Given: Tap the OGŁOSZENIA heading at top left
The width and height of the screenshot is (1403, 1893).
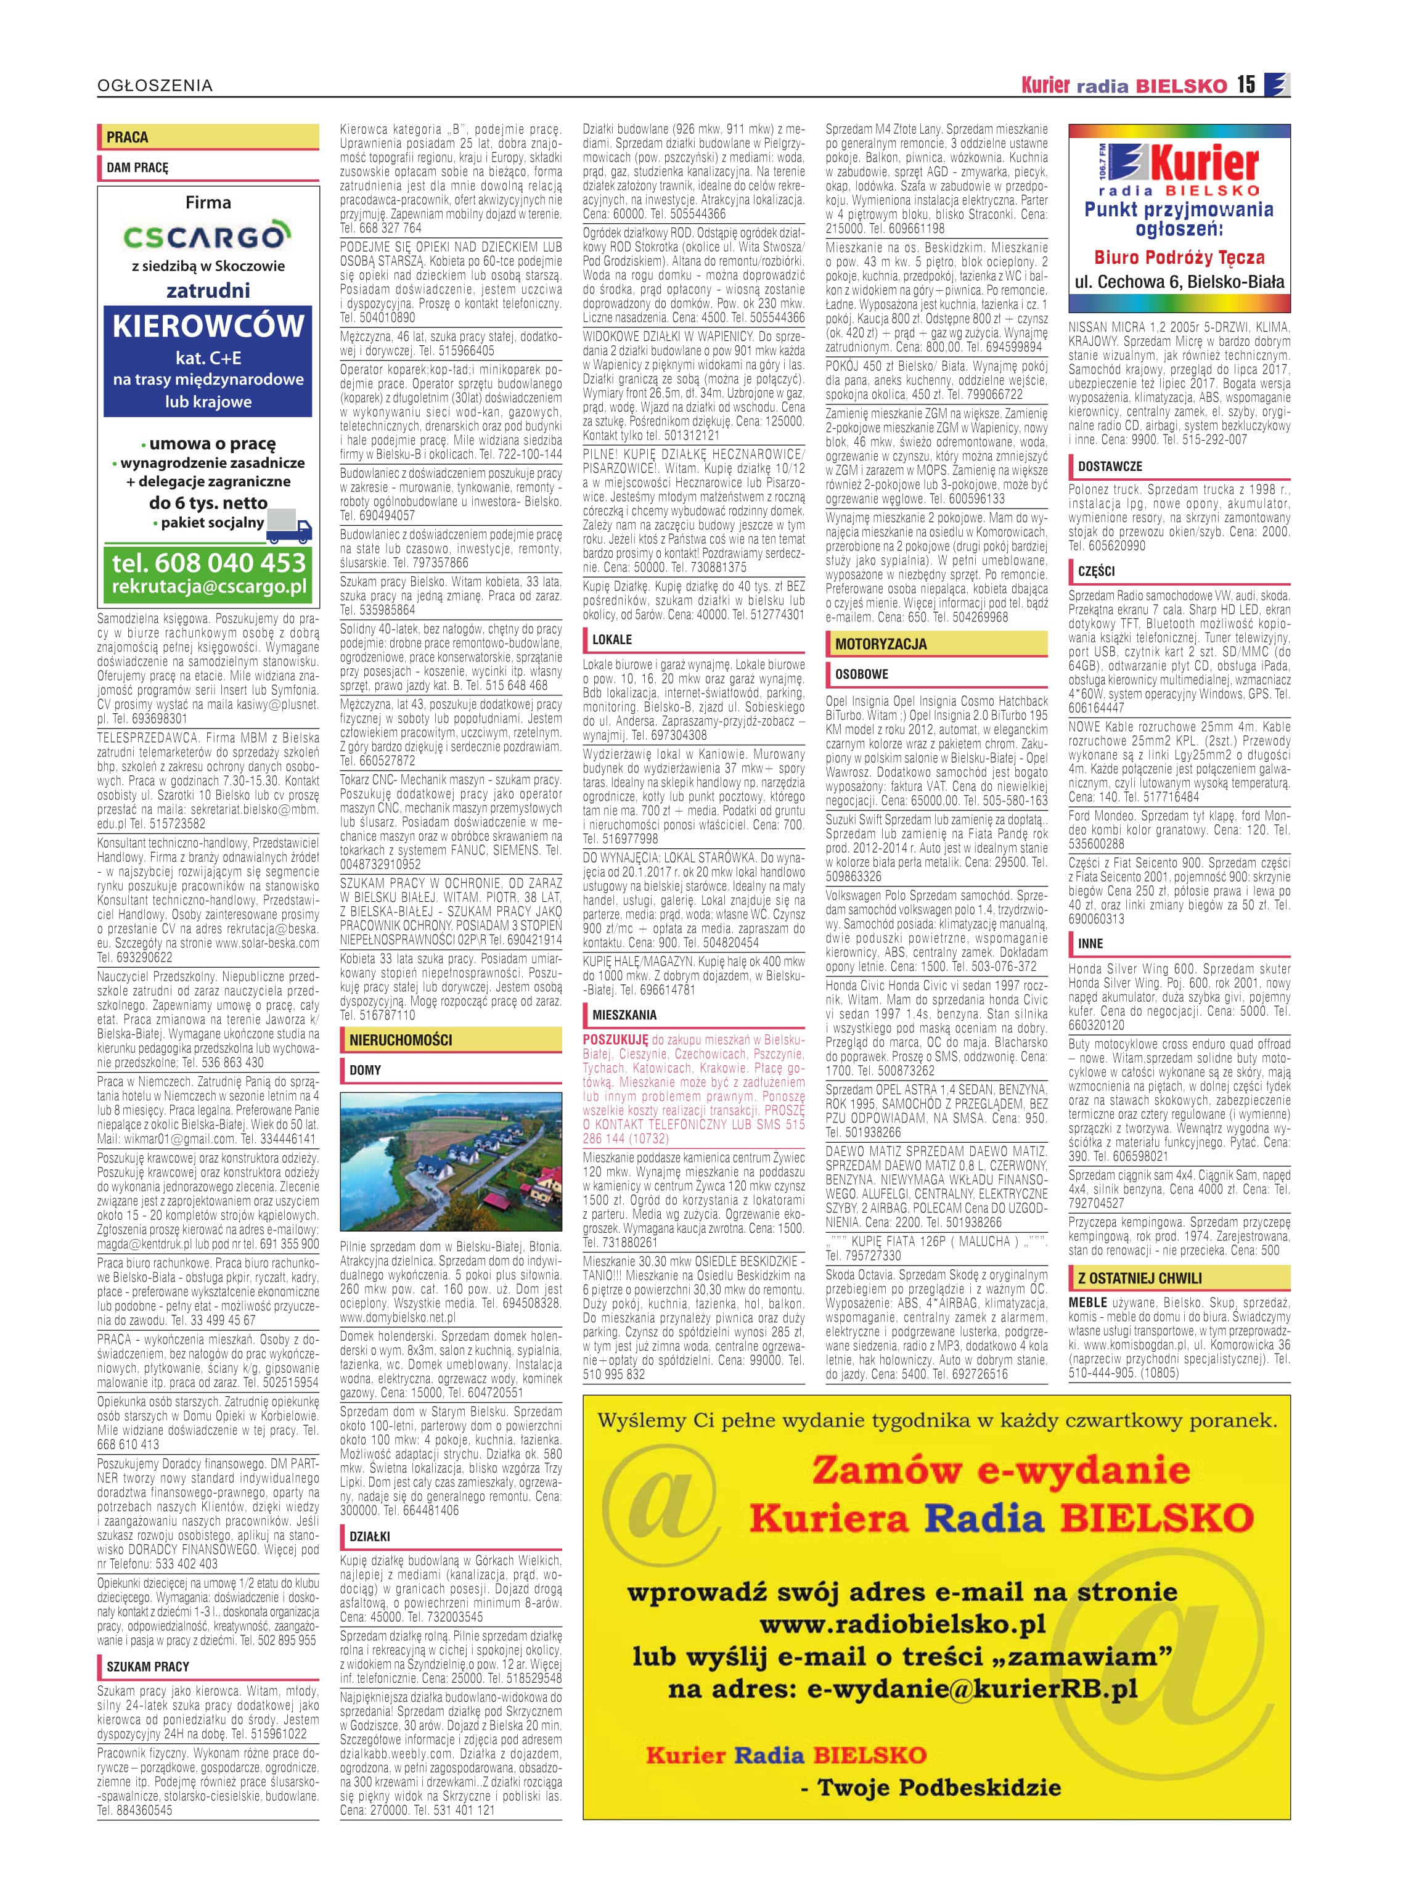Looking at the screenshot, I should (x=155, y=86).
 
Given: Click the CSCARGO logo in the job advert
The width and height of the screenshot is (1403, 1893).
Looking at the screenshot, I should (x=207, y=235).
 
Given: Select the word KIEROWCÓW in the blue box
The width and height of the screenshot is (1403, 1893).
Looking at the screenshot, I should (x=208, y=326).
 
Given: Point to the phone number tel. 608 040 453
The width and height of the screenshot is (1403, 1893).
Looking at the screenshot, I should (x=208, y=562).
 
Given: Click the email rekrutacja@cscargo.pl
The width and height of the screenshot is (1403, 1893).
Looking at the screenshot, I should (x=209, y=587).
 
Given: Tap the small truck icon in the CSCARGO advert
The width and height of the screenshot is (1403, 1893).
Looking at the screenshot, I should (x=288, y=526).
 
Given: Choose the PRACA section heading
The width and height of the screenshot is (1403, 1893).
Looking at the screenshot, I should (x=128, y=137).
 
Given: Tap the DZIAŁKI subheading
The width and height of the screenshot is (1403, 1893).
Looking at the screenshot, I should (x=370, y=1536).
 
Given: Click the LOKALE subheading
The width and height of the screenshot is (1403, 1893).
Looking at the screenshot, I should (x=612, y=639).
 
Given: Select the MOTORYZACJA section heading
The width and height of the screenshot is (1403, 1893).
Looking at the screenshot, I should (x=881, y=644).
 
